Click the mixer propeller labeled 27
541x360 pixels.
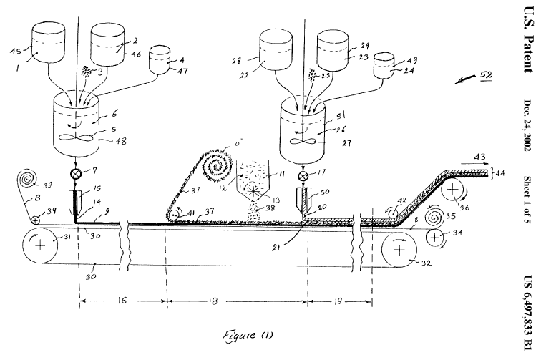point(304,141)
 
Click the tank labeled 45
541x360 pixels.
point(47,49)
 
